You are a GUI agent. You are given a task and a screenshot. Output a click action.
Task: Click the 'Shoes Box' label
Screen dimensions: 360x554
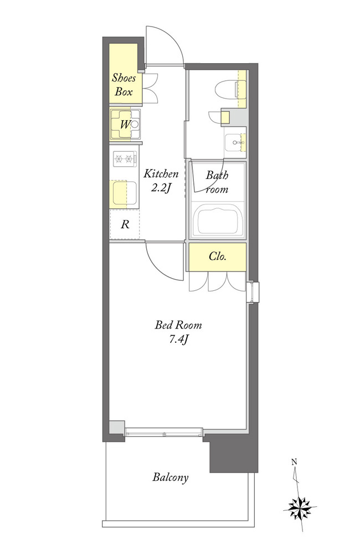point(124,85)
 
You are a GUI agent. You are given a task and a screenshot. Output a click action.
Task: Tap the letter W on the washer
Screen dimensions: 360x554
point(125,124)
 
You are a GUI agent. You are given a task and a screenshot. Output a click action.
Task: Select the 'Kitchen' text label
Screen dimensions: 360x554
point(161,173)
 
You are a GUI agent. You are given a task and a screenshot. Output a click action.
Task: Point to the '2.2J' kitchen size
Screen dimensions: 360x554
point(161,188)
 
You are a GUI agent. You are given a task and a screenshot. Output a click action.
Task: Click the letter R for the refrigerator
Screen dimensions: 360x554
point(125,224)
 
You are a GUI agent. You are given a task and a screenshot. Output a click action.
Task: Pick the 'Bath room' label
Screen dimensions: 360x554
point(217,182)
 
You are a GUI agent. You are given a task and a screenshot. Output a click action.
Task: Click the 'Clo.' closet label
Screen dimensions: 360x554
point(217,256)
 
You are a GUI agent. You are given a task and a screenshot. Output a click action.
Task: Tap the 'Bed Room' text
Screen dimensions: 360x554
point(178,325)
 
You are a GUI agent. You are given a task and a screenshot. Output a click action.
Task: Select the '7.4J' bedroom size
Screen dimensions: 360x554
point(178,340)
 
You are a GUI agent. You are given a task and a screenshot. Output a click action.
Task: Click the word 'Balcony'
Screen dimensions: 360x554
point(170,478)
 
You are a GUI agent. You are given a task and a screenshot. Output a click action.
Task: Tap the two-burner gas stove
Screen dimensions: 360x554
point(125,159)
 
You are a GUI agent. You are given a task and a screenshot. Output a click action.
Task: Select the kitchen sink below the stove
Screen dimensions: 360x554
point(124,193)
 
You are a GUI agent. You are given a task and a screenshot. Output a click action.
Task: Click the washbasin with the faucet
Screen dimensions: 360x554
point(235,142)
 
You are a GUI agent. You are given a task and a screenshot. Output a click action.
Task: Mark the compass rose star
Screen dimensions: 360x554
point(300,508)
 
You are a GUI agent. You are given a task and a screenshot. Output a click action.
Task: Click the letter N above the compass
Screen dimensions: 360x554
point(294,461)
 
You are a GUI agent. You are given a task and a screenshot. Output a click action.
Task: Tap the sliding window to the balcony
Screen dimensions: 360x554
point(164,432)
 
